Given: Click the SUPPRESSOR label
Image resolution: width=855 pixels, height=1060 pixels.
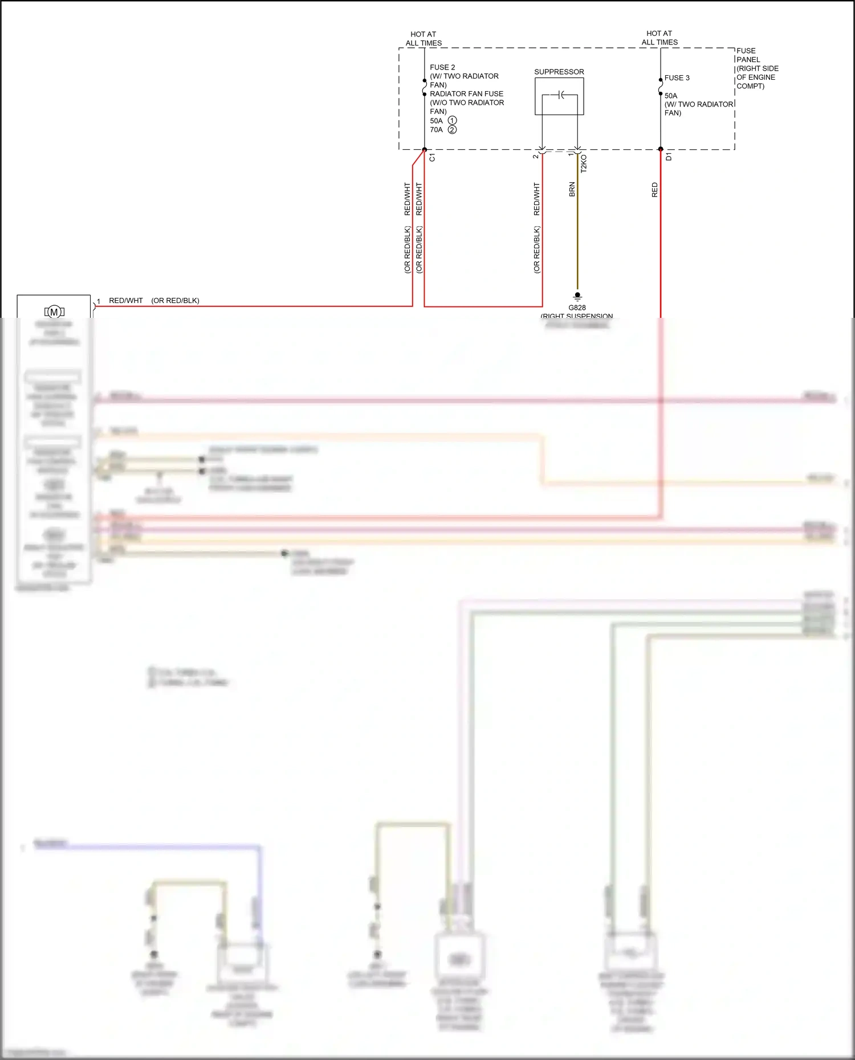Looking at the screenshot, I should (x=559, y=72).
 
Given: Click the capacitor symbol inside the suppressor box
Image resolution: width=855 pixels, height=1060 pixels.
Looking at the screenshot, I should (x=561, y=95).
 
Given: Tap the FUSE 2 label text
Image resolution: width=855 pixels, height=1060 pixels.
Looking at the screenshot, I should (x=442, y=67).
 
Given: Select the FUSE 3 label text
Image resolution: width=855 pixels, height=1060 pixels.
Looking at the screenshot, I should (x=677, y=78).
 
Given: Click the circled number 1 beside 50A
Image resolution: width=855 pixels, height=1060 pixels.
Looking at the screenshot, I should (x=452, y=121).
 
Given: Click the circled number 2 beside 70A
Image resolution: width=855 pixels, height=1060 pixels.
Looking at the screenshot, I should (x=452, y=130).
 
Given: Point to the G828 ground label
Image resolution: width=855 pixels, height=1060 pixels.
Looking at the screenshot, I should (x=577, y=308).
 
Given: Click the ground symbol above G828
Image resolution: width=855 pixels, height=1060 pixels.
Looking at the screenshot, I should (x=577, y=296).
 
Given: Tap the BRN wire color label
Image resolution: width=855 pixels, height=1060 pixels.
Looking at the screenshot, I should (x=572, y=190).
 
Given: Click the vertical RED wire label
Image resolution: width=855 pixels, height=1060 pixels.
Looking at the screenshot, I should (x=654, y=190).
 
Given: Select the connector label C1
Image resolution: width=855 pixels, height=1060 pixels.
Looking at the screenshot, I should (x=432, y=158).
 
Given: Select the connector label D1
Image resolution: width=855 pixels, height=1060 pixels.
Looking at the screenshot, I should (x=669, y=157).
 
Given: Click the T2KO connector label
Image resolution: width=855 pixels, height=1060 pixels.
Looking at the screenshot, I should (x=584, y=164).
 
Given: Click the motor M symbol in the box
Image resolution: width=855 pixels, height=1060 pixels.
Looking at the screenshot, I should (x=54, y=312).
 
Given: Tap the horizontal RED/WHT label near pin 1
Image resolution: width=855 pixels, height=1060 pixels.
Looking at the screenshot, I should (x=126, y=301).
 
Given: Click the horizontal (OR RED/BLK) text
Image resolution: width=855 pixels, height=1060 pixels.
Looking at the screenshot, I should (x=175, y=301).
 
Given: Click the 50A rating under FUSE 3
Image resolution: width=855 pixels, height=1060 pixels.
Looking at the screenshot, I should (x=671, y=96).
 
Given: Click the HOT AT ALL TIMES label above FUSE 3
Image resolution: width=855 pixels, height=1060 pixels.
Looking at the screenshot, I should (x=659, y=38).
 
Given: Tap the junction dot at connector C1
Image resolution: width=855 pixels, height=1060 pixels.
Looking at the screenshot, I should (x=425, y=150).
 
